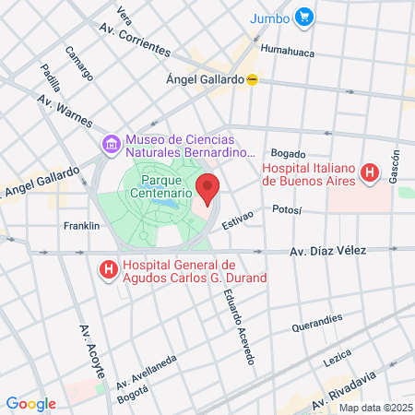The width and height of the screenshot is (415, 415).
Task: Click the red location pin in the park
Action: tap(207, 188)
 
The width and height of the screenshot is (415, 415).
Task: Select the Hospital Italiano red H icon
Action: tap(370, 172)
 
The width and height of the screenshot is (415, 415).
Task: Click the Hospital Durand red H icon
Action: tap(107, 270)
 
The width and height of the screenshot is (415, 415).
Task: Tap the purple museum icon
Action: tap(111, 145)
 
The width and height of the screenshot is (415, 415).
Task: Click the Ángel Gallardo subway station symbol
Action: tap(251, 80)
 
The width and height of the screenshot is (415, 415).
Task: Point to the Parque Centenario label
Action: tap(166, 187)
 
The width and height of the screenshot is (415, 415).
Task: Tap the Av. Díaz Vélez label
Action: tap(328, 251)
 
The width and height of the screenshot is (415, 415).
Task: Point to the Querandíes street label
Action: tap(316, 322)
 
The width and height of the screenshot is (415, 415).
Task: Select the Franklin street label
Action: tap(81, 226)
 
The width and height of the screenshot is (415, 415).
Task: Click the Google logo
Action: tap(30, 403)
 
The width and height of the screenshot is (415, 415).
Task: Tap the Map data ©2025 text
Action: tap(373, 407)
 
